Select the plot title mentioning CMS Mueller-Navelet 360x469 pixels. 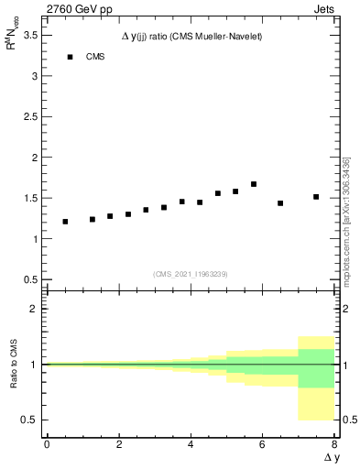click(x=192, y=36)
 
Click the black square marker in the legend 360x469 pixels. click(x=70, y=57)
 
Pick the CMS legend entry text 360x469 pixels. click(x=95, y=57)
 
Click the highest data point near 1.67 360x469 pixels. click(x=254, y=184)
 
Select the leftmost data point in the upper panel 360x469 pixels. click(x=65, y=222)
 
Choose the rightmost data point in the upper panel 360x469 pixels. click(x=316, y=197)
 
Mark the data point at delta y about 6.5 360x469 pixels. click(x=280, y=203)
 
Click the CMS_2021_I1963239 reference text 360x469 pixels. click(x=191, y=273)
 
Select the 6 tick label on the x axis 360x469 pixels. click(x=262, y=444)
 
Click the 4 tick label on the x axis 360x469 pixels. click(x=191, y=444)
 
